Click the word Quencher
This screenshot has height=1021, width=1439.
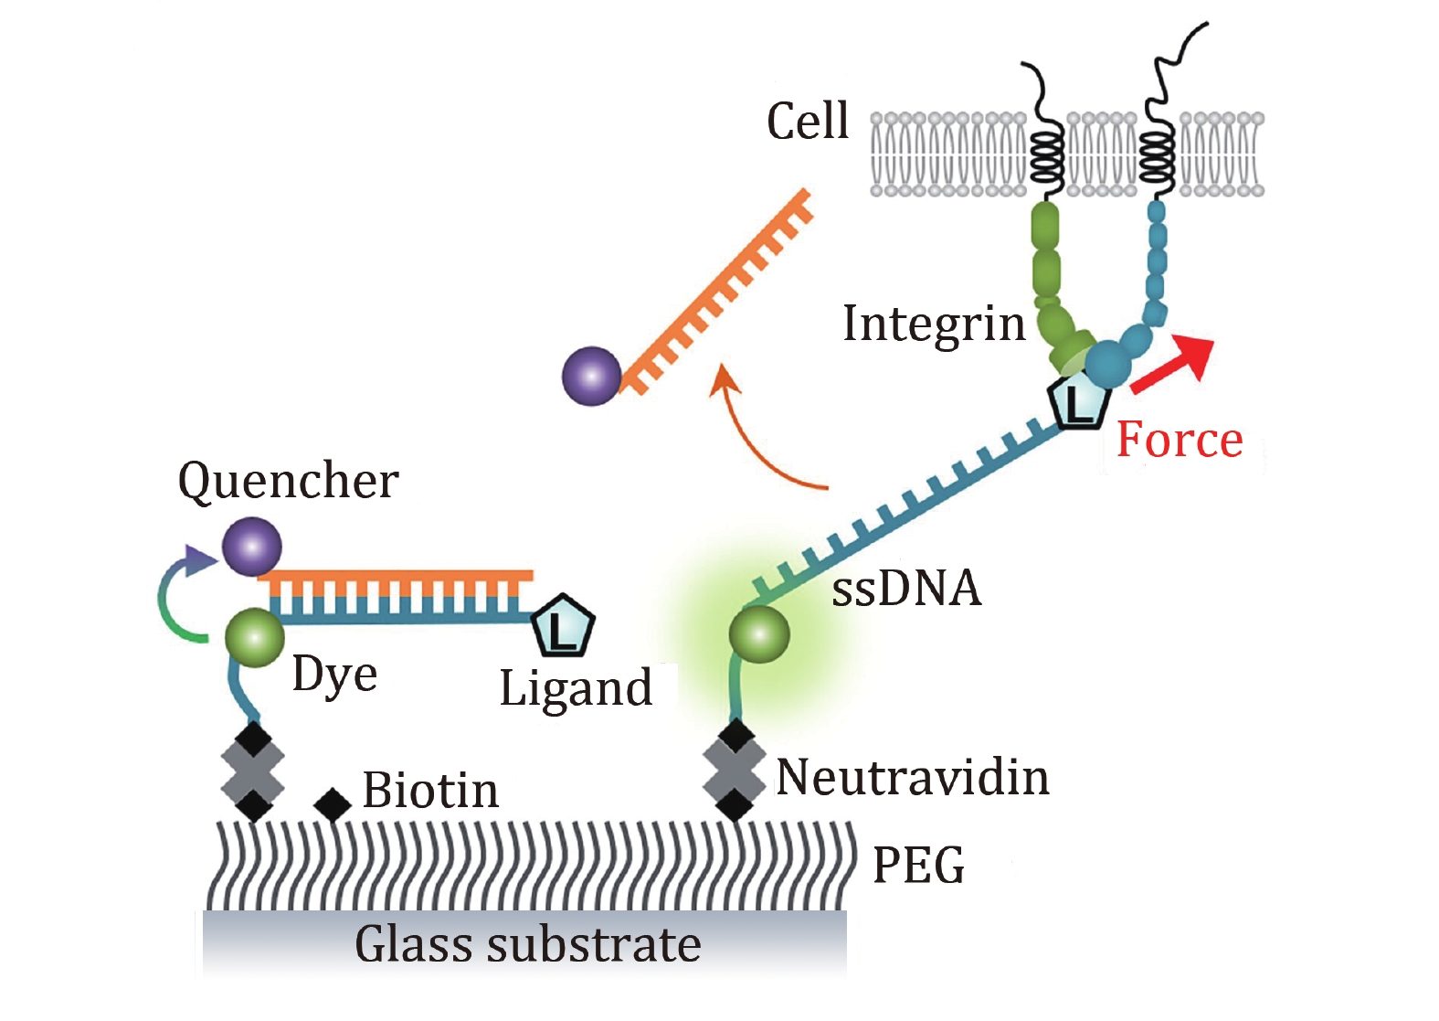pos(288,482)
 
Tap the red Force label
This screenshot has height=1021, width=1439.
pos(1180,441)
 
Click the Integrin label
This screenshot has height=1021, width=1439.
pos(934,324)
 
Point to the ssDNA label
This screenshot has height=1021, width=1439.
pos(906,588)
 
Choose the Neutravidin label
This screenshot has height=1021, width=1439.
pos(913,778)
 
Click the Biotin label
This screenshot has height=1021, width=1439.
pos(430,791)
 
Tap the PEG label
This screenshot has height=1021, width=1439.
pos(918,865)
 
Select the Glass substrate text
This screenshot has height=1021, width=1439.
pos(528,945)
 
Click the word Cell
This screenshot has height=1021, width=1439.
pos(808,122)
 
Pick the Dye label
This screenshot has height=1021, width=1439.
pos(334,675)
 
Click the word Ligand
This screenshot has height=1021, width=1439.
pos(576,688)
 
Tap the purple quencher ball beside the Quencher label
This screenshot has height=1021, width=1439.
pos(251,547)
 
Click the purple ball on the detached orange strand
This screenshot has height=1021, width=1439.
pos(592,376)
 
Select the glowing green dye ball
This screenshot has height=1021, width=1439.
pos(758,633)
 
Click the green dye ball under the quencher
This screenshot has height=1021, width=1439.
pos(255,638)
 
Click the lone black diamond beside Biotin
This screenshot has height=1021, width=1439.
pos(333,805)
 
